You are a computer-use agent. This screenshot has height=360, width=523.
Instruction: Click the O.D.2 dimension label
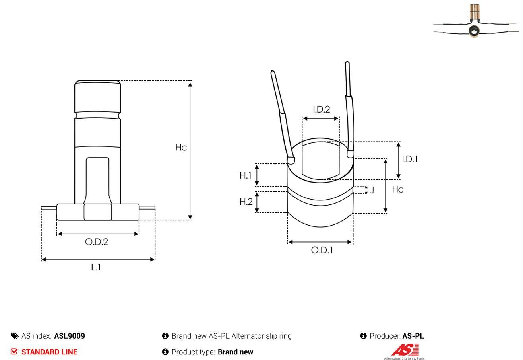click(x=97, y=242)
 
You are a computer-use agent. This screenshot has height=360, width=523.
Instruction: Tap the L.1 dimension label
click(x=96, y=267)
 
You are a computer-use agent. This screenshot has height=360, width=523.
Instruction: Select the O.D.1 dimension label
click(x=322, y=250)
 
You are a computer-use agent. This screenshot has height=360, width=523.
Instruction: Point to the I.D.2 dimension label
click(x=322, y=109)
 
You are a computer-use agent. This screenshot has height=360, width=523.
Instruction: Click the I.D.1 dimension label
click(x=410, y=159)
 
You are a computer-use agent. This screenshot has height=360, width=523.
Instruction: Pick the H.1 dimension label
click(x=245, y=175)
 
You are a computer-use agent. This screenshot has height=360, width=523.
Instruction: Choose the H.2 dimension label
click(x=246, y=202)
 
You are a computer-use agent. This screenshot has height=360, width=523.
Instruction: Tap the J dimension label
click(x=372, y=190)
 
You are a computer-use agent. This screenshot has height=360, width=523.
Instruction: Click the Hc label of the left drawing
click(x=181, y=147)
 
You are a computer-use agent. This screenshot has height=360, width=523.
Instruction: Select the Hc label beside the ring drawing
click(x=398, y=189)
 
